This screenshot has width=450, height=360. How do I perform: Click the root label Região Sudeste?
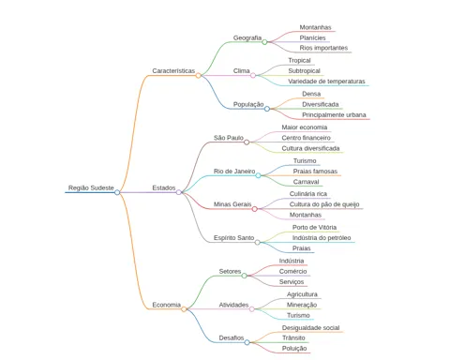91,187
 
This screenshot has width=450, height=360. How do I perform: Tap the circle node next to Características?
198,75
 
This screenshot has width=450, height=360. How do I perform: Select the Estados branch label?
164,187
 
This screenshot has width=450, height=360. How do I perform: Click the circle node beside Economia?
184,309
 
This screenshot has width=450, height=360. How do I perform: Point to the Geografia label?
247,37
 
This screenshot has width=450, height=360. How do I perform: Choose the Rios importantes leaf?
323,48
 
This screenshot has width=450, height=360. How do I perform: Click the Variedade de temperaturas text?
326,82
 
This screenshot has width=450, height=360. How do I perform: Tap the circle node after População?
267,109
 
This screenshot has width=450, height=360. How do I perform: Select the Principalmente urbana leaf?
334,114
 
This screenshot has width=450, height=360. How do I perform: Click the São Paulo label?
229,138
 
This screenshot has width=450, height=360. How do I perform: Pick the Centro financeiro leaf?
306,138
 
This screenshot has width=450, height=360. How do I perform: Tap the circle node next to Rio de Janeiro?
258,175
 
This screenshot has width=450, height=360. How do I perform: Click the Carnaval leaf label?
306,182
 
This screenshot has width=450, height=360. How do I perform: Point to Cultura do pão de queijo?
324,204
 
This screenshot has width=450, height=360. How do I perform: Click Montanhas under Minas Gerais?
306,215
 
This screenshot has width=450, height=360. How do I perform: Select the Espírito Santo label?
233,238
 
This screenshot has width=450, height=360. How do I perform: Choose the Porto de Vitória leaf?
314,227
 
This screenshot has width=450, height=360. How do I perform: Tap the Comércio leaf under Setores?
292,271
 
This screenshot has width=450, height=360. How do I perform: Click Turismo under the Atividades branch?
298,315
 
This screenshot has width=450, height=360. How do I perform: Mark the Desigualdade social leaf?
310,327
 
